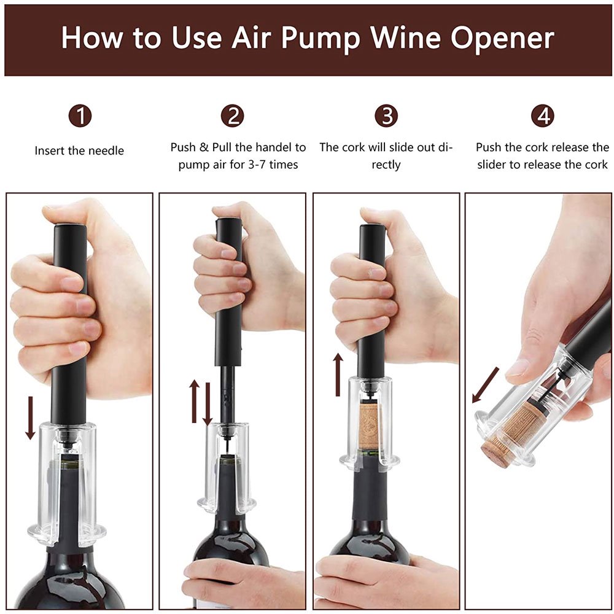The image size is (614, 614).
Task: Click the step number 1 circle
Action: [x=80, y=115]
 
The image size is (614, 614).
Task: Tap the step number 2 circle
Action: [x=233, y=115]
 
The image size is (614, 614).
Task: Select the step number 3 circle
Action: [x=386, y=115]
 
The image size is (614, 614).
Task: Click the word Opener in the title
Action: [x=502, y=38]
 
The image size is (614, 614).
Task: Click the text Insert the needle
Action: [x=79, y=150]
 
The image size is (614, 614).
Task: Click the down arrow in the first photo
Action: [x=30, y=418]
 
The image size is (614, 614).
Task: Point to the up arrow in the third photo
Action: [x=338, y=374]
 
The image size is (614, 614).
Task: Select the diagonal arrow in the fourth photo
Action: [x=484, y=385]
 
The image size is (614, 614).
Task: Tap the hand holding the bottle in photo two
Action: [x=239, y=580]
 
